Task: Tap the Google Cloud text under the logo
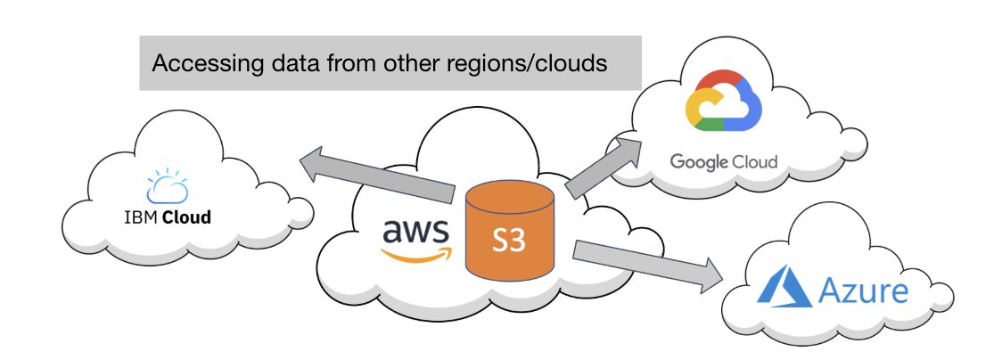723,162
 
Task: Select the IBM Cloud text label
168,217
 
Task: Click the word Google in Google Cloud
698,162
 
